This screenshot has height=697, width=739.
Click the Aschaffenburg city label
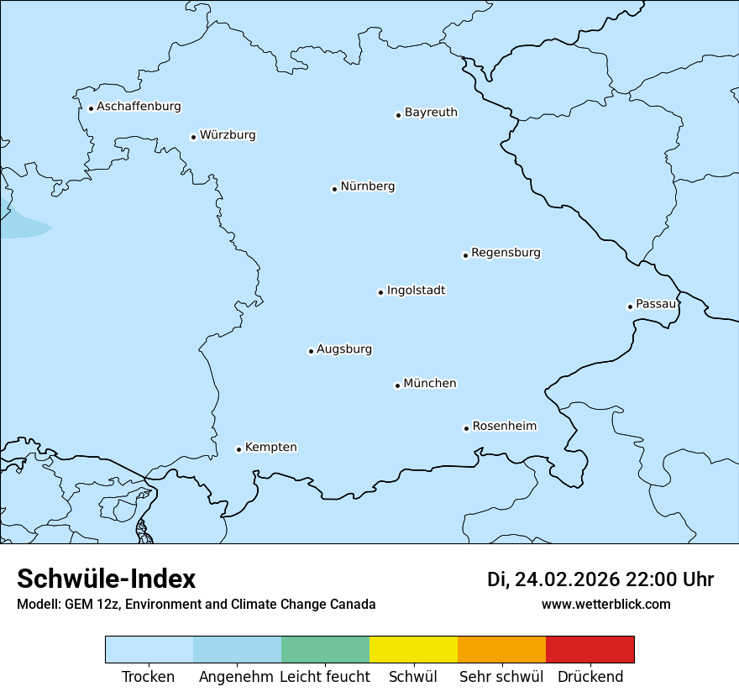139,107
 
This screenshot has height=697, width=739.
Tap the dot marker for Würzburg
193,137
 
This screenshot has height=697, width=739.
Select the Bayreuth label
431,113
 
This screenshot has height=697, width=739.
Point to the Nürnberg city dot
334,189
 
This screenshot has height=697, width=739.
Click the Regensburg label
506,253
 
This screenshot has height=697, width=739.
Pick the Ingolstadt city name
416,291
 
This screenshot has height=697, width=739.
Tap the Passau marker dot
630,307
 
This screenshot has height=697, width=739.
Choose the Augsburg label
343,349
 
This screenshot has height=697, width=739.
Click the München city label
429,384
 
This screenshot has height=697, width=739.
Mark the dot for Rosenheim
466,428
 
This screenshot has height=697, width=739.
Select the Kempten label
270,448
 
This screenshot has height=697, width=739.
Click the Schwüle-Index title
107,579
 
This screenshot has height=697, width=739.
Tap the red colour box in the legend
590,649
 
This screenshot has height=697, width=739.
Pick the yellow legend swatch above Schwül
413,649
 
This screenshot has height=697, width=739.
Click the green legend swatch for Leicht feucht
325,649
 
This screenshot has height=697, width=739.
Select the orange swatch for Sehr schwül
501,649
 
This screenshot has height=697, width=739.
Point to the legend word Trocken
149,677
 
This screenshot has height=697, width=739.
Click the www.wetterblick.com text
605,604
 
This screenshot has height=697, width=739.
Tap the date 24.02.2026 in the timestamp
567,579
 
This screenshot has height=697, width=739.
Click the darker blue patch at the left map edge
21,225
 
